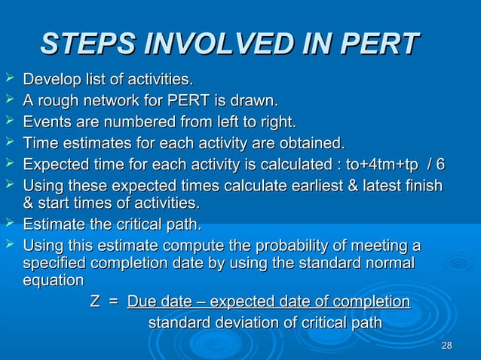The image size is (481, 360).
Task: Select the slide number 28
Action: [446, 346]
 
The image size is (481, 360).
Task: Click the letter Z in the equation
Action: [95, 302]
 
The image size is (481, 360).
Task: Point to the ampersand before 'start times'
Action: [29, 203]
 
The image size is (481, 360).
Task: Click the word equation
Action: [54, 280]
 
